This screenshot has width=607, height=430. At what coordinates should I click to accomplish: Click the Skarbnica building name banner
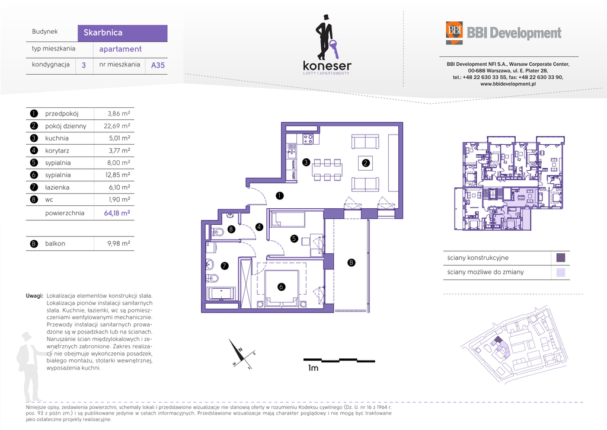tap(122, 33)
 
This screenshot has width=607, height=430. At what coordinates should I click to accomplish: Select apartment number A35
tap(158, 65)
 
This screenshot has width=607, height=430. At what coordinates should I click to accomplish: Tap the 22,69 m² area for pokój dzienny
tap(117, 126)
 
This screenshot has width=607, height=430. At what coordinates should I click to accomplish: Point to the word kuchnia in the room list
tap(56, 138)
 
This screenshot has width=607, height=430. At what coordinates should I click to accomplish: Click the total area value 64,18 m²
tap(117, 213)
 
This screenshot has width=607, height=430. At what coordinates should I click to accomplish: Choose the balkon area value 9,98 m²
tap(119, 244)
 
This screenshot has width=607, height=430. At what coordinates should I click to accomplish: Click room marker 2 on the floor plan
tap(365, 163)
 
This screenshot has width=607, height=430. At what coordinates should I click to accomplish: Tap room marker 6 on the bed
tap(282, 286)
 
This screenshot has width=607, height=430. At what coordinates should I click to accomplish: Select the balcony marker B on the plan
tap(351, 263)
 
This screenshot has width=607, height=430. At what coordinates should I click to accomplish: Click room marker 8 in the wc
tap(231, 229)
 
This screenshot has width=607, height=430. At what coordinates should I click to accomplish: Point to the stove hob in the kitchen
tap(308, 139)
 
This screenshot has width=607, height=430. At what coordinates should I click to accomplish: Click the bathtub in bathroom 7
tap(221, 293)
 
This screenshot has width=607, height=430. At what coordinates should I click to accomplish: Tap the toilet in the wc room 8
tap(218, 232)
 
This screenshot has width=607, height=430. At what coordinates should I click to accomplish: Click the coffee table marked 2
tap(365, 163)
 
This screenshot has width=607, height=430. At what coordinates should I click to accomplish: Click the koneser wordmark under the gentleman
tap(327, 65)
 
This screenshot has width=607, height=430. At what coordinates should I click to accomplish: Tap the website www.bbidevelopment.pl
tap(508, 84)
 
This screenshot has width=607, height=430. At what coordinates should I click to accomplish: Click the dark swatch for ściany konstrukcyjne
tap(561, 257)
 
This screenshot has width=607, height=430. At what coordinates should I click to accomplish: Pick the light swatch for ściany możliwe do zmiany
tap(561, 272)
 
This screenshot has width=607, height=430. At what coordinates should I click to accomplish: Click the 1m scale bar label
tap(313, 368)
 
